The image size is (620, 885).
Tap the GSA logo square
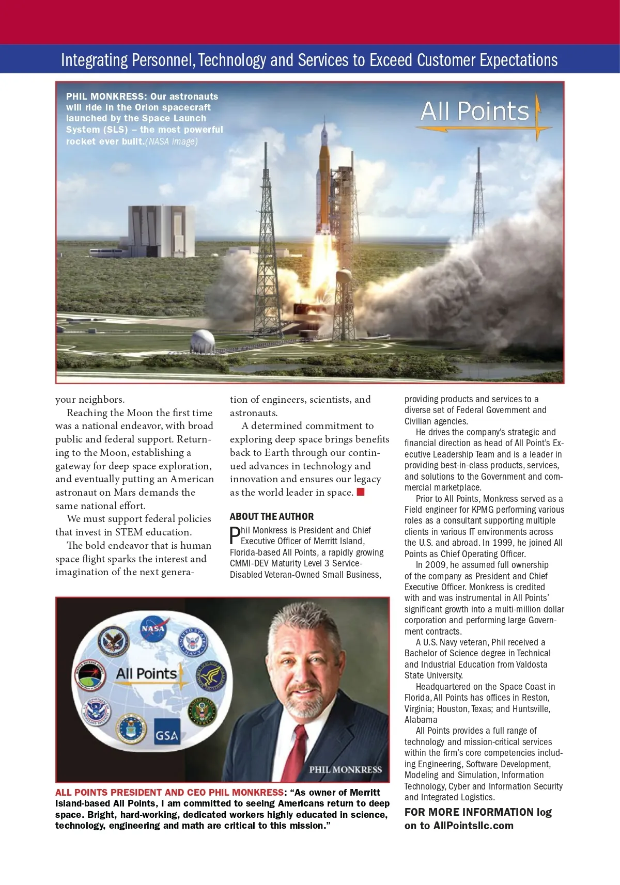coord(167,732)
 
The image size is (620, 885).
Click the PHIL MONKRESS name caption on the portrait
coord(345,769)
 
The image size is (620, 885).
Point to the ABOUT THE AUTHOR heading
coord(271,516)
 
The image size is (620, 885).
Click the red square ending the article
coord(361,492)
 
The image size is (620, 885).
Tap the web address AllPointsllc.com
coord(473,825)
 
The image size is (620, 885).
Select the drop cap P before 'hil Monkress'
coord(235,535)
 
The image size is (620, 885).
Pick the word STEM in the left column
coord(129,532)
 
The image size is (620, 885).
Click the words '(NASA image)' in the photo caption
coord(172,141)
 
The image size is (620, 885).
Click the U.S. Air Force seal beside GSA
coord(131,729)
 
